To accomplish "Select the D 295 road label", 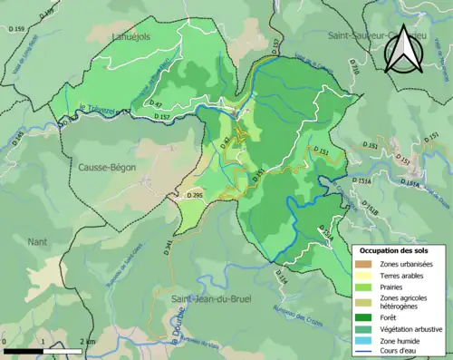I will point(195,196).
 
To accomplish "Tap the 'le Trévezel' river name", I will point(101,111).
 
